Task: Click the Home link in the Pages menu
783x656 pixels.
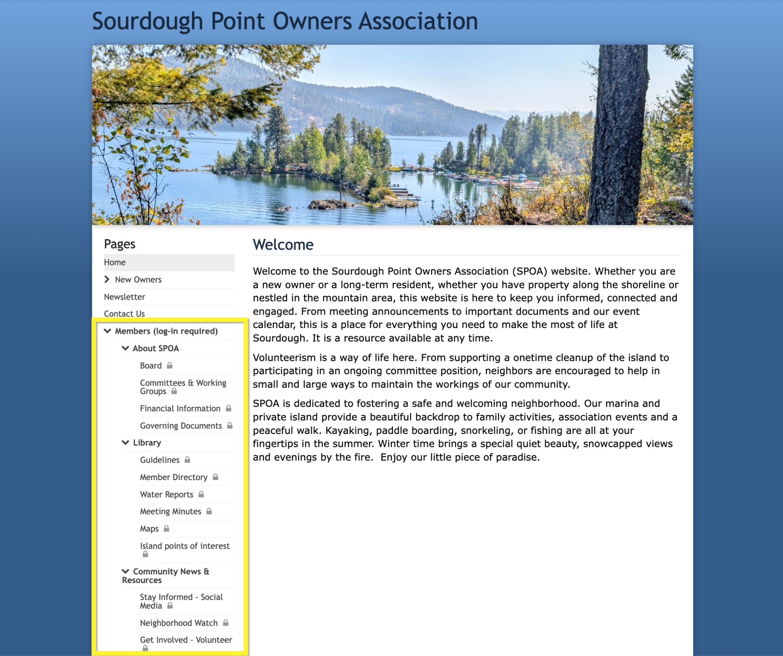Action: [115, 262]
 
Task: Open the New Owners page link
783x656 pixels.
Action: [138, 279]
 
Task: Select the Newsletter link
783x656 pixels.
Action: [124, 297]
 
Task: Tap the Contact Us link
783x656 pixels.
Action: [124, 313]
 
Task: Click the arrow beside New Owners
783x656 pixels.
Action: [107, 279]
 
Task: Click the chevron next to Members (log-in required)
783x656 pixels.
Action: [107, 331]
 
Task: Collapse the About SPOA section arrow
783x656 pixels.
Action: [125, 348]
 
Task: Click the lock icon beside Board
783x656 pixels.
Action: [170, 365]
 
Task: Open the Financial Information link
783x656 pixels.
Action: [180, 408]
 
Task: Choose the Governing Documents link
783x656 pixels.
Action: [181, 425]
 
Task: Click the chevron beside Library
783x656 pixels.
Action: [125, 442]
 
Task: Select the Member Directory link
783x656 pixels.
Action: [174, 477]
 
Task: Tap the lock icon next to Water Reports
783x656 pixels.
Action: [201, 494]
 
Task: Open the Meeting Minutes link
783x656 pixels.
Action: [171, 511]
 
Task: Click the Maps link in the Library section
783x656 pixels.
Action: [149, 529]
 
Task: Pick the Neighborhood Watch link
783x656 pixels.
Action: [179, 623]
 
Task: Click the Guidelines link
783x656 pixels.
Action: [159, 460]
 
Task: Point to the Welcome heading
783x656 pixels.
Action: [283, 245]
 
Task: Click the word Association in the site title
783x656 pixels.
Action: [418, 21]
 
